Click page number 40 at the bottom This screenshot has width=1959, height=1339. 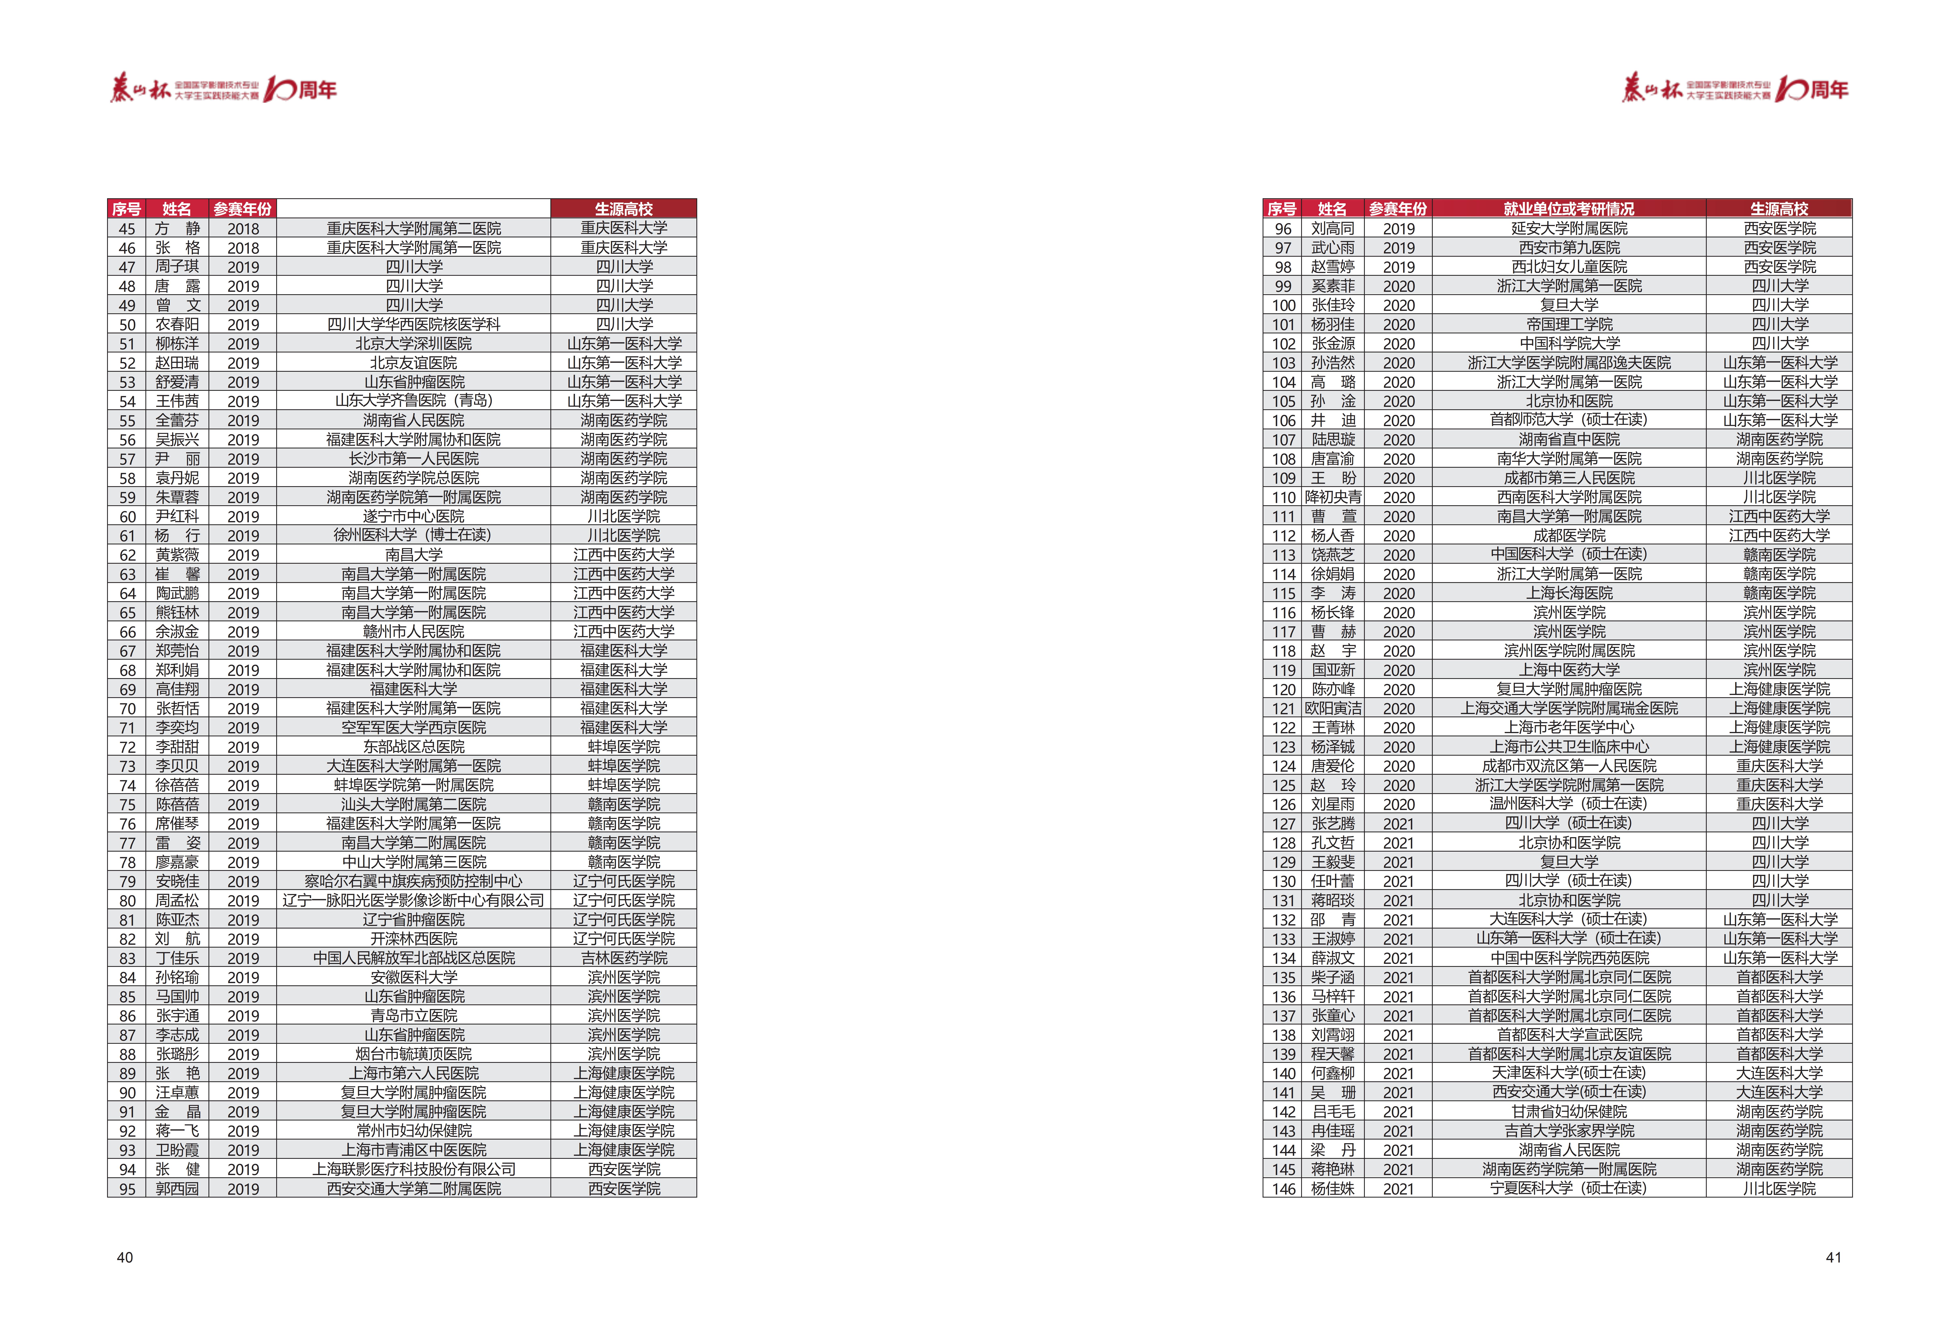[x=125, y=1257]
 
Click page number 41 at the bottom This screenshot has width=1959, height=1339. [x=1833, y=1257]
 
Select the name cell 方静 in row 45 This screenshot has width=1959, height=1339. [x=177, y=228]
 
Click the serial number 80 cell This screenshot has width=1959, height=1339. [x=127, y=901]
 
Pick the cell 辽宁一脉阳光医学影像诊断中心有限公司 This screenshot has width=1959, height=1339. [x=413, y=901]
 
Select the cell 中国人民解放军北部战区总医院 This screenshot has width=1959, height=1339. [x=413, y=958]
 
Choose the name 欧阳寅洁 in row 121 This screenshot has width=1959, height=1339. [x=1333, y=708]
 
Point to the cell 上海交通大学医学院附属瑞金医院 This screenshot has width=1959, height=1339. [x=1569, y=708]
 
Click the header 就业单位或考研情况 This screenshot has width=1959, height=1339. [x=1569, y=208]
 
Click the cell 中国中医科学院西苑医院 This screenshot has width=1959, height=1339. [x=1569, y=958]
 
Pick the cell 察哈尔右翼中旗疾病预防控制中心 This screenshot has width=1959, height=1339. [x=413, y=881]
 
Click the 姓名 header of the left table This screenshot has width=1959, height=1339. [x=177, y=208]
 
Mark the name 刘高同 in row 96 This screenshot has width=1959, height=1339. [x=1333, y=228]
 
